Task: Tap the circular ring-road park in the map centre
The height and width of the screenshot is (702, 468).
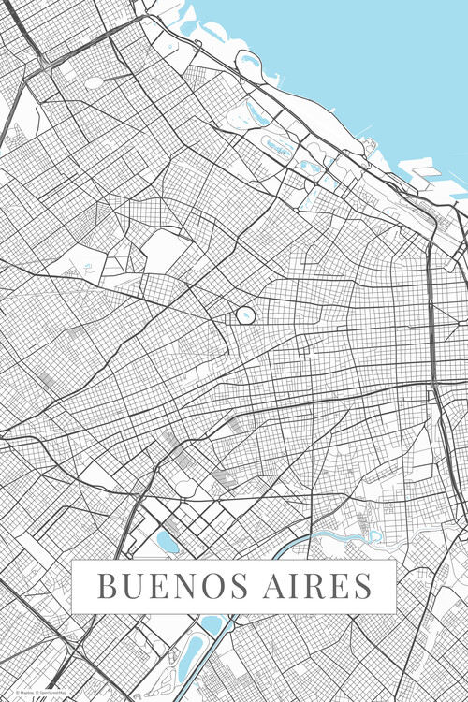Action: coord(244,316)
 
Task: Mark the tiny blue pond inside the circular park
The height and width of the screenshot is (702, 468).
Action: coord(244,316)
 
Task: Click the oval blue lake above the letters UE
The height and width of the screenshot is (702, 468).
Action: coord(168,542)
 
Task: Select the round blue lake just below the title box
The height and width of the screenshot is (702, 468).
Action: coord(212,623)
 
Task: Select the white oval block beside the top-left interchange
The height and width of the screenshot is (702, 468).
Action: coord(94,82)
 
